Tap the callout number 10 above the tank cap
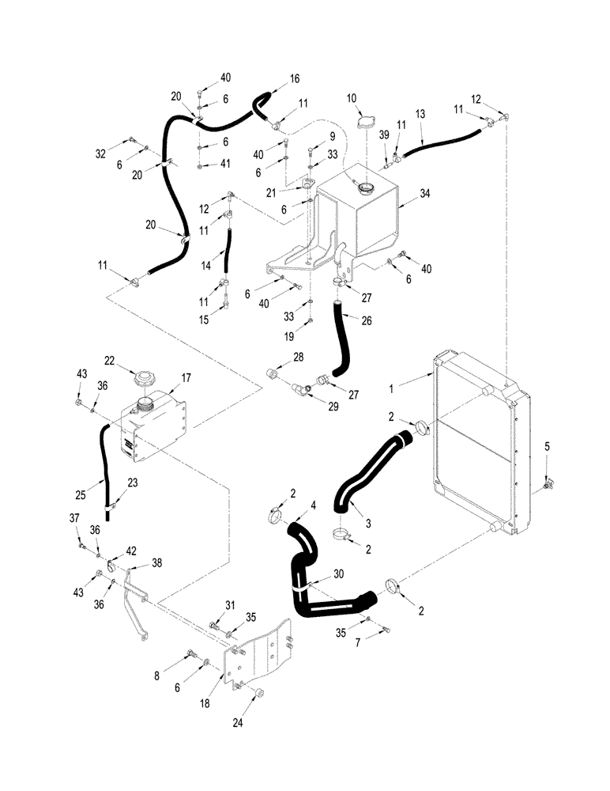click(353, 97)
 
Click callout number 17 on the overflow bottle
click(186, 378)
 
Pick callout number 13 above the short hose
click(420, 114)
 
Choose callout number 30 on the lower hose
click(339, 576)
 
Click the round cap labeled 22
click(145, 377)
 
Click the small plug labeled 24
click(258, 694)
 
